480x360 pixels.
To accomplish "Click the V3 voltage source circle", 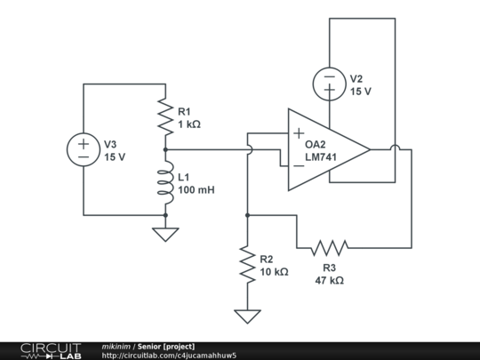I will click(84, 149).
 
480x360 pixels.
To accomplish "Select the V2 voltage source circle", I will click(329, 84).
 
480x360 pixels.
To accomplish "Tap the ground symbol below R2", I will click(247, 316).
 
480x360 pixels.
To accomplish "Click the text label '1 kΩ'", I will click(189, 124).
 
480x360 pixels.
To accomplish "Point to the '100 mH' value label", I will click(196, 190).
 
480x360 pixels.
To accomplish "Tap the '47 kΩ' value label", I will click(329, 279).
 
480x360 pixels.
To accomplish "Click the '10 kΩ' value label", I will click(273, 272).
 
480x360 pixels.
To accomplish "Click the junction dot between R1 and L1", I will click(165, 149).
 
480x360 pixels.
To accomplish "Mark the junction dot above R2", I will click(247, 215).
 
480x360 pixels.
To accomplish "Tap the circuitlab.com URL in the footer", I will click(169, 356).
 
